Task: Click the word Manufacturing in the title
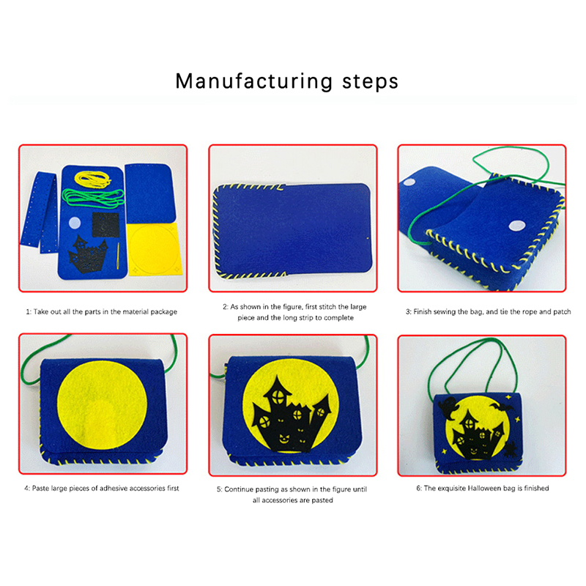[253, 81]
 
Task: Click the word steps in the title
[370, 82]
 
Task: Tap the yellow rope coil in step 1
[93, 179]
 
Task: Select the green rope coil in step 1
[93, 198]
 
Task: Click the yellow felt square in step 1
[154, 250]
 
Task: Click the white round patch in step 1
[75, 223]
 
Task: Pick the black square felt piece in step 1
[105, 225]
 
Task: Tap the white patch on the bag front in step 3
[517, 226]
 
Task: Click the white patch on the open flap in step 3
[409, 182]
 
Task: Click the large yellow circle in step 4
[102, 405]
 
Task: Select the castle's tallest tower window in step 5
[278, 397]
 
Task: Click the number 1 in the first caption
[28, 312]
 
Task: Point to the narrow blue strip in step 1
[40, 212]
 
